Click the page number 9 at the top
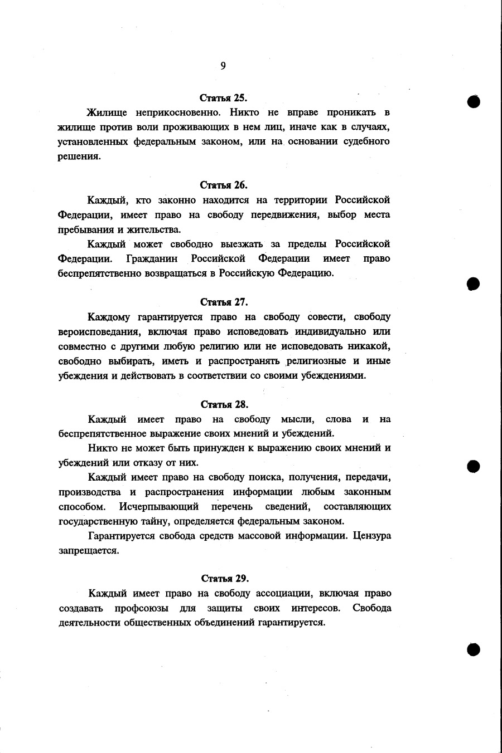tap(223, 66)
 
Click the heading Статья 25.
tap(224, 98)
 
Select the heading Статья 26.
tap(224, 185)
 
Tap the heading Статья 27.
tap(224, 302)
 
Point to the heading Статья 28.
tap(224, 404)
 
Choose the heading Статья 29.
tap(224, 578)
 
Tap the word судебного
tap(363, 141)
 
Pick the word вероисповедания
tap(99, 332)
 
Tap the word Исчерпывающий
tap(159, 507)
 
